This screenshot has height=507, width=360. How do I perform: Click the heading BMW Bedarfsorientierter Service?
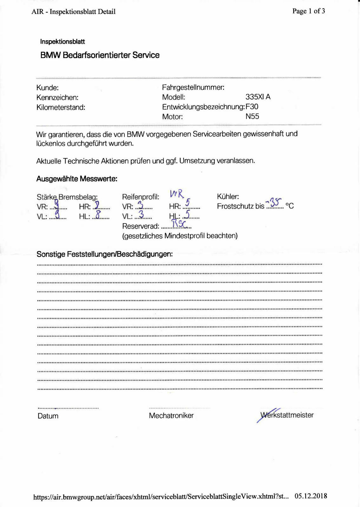pyautogui.click(x=100, y=55)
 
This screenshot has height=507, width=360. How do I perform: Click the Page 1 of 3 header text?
pyautogui.click(x=308, y=11)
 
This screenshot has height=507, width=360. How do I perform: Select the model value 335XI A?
pyautogui.click(x=258, y=97)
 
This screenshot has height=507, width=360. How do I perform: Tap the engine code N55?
pyautogui.click(x=252, y=116)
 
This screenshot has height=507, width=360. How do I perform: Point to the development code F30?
pyautogui.click(x=252, y=107)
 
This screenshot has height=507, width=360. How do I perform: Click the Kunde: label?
pyautogui.click(x=48, y=88)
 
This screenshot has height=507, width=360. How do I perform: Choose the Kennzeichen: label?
pyautogui.click(x=57, y=98)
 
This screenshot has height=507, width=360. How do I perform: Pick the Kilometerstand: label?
pyautogui.click(x=61, y=107)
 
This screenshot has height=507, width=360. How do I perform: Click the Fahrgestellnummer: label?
pyautogui.click(x=193, y=87)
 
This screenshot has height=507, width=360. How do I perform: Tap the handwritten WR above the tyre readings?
pyautogui.click(x=177, y=193)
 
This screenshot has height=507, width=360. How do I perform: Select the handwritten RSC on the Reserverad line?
pyautogui.click(x=179, y=224)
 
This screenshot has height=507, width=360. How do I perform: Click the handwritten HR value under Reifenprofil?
pyautogui.click(x=188, y=203)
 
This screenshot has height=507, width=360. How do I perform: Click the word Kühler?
pyautogui.click(x=228, y=196)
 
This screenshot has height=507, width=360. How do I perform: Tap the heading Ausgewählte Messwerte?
pyautogui.click(x=77, y=179)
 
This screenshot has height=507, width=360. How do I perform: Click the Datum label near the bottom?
pyautogui.click(x=48, y=416)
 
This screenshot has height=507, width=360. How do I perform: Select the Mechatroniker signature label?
pyautogui.click(x=171, y=416)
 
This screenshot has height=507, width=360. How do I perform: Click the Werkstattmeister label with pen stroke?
pyautogui.click(x=286, y=415)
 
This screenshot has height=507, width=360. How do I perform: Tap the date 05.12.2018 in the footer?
pyautogui.click(x=311, y=496)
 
